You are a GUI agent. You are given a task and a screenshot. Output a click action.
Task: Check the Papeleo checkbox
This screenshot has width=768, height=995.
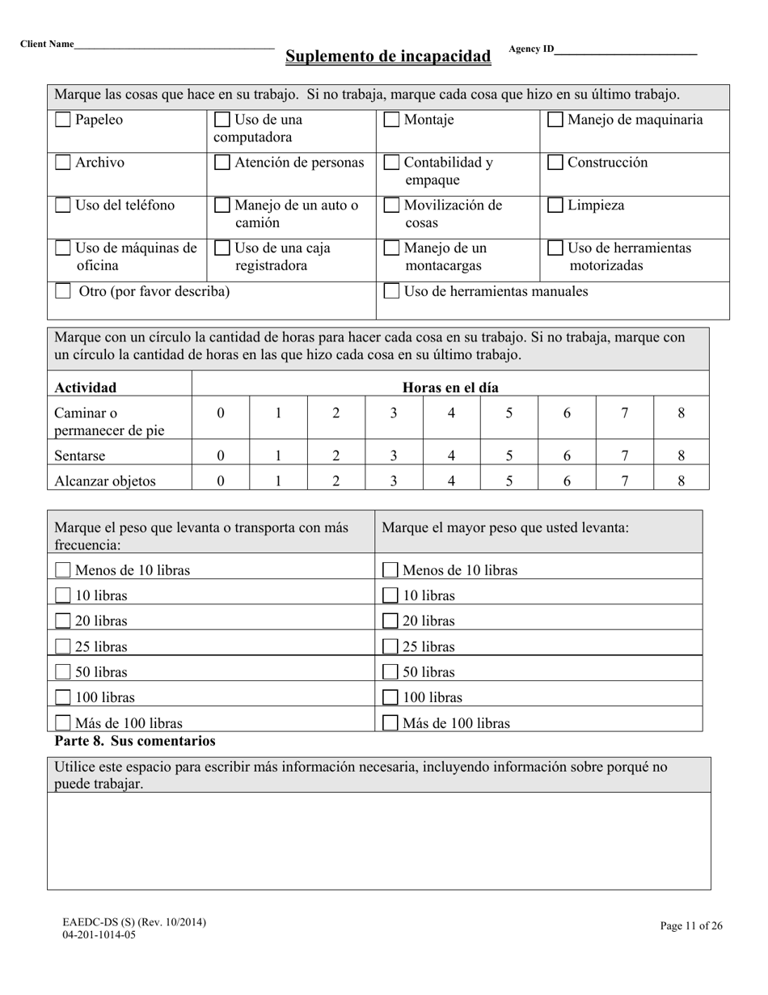tap(62, 121)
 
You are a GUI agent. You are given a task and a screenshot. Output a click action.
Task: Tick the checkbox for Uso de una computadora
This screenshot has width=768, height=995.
tap(222, 121)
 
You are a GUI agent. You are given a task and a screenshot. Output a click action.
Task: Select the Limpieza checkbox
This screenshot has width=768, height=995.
tap(555, 205)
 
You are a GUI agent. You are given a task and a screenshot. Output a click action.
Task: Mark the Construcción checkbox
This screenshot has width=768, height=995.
tap(555, 163)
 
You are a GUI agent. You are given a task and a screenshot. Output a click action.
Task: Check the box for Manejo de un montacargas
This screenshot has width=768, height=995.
tap(391, 248)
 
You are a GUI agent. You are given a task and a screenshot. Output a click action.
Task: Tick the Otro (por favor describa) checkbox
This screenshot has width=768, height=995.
tap(62, 291)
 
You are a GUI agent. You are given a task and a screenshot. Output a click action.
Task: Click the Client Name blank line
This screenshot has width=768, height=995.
tap(174, 47)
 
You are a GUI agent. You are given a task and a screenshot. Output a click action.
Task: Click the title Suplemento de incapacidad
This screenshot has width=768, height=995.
tap(388, 57)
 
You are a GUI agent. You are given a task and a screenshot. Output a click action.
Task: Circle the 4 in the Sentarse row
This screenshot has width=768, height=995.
tap(451, 455)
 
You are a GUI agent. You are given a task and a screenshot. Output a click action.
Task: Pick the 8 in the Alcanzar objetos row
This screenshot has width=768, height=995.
tap(681, 481)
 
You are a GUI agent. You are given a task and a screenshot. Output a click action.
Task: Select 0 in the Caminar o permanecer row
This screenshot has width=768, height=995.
tap(221, 413)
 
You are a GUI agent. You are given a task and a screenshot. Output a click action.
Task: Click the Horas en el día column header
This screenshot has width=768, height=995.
tap(450, 387)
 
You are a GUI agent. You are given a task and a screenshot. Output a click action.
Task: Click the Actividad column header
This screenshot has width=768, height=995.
tap(86, 387)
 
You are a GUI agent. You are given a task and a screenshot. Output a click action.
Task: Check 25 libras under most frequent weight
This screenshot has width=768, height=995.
tap(62, 647)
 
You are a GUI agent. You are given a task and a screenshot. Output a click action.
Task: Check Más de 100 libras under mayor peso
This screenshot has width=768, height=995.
tap(390, 723)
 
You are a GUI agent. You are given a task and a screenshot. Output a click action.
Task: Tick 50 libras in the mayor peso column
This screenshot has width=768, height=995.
tap(390, 672)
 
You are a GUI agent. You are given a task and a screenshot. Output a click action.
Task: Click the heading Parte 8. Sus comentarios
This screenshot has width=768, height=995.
tap(135, 741)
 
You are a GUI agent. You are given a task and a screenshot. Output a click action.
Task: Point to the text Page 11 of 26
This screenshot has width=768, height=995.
tap(690, 926)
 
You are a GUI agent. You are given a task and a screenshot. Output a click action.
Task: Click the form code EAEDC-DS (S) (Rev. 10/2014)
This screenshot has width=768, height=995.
tap(134, 922)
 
